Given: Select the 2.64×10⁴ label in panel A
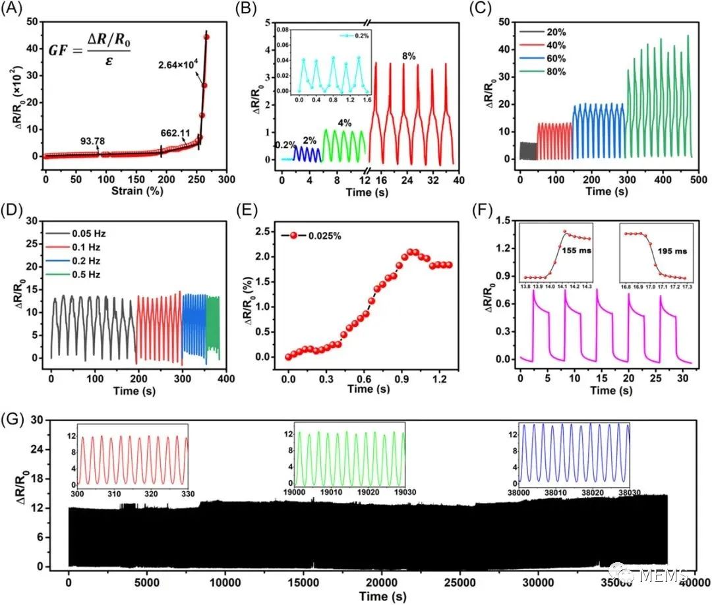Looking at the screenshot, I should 178,65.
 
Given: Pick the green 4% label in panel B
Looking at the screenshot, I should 343,123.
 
